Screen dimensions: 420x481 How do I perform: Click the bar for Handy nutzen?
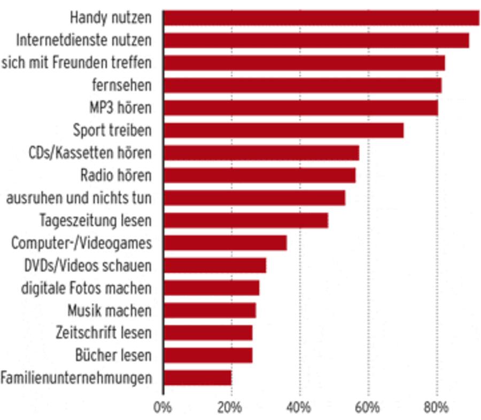point(321,18)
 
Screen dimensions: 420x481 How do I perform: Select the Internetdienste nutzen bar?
point(316,40)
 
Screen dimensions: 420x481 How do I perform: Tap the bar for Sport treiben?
point(283,130)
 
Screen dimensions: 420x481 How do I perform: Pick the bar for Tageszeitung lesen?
point(245,220)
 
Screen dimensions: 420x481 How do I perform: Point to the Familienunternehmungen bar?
point(197,378)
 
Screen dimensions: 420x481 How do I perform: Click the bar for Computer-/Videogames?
point(224,243)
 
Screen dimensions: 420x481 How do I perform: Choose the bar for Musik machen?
point(209,310)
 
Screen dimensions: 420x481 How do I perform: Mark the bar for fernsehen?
point(302,85)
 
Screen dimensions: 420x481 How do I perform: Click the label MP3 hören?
point(120,108)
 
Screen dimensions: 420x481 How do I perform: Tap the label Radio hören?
point(115,175)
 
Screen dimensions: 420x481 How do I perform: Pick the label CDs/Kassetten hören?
point(90,152)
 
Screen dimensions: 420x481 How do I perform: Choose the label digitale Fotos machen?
point(86,288)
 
